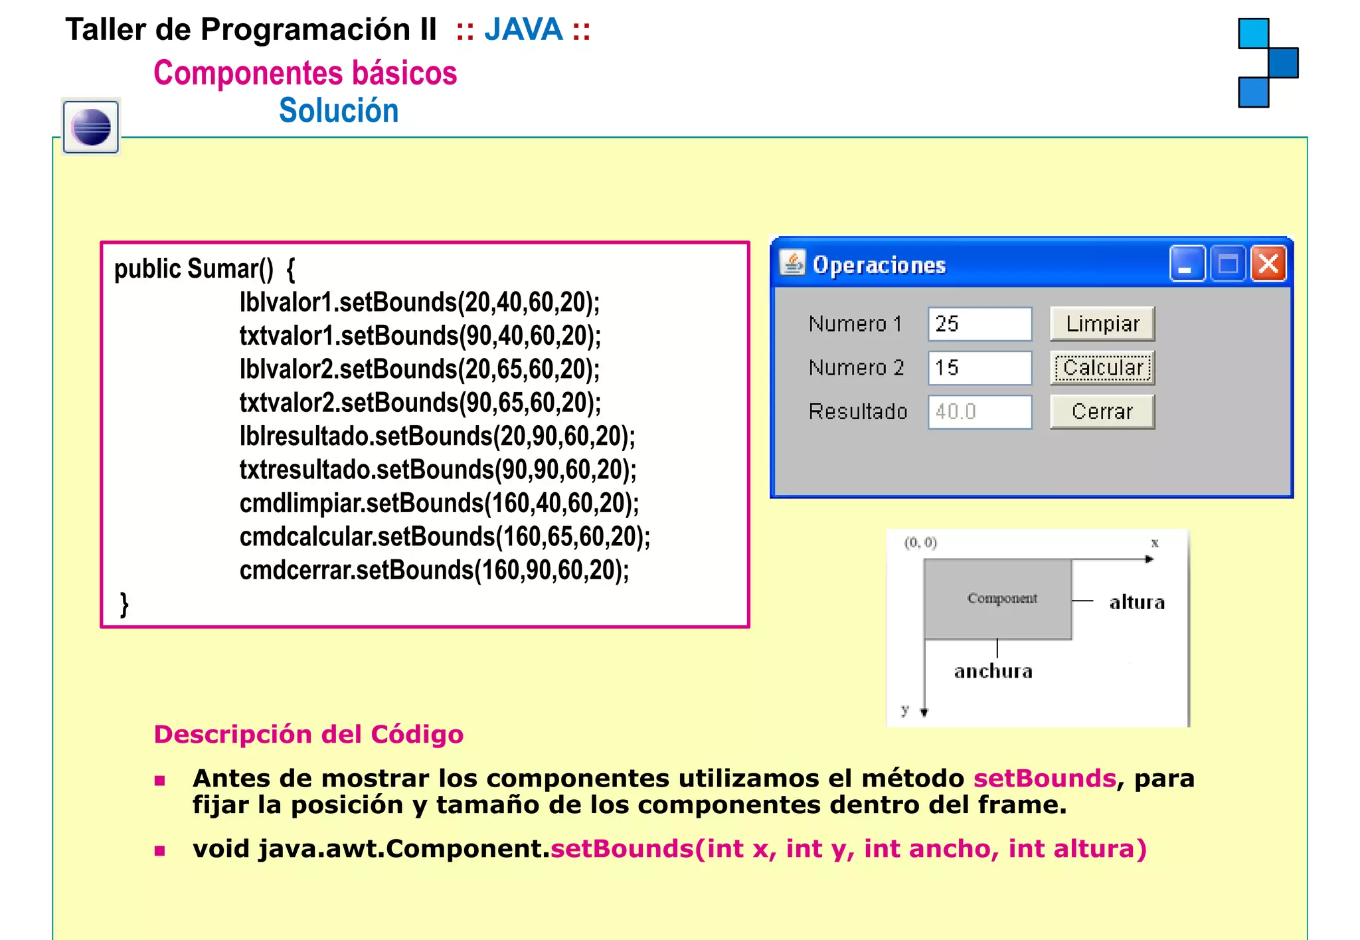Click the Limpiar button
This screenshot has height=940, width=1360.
(x=1102, y=324)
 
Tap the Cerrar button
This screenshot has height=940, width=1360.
(x=1102, y=412)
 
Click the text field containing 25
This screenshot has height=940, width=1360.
(x=979, y=324)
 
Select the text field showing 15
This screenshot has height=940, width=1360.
(x=979, y=368)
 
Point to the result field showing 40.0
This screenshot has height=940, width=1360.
(x=979, y=412)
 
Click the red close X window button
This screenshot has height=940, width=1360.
(x=1268, y=264)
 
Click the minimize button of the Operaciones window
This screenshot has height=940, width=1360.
(x=1187, y=264)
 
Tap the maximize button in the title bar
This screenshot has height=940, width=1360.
(x=1228, y=264)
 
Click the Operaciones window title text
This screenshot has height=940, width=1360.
(x=879, y=266)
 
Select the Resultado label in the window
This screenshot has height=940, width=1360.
(x=857, y=412)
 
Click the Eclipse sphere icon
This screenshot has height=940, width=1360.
(x=92, y=127)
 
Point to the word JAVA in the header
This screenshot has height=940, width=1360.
(x=523, y=31)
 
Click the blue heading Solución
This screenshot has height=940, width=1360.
(x=339, y=111)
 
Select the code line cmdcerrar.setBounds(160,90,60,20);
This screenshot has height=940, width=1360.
(x=434, y=571)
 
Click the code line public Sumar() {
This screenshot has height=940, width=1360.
(x=205, y=269)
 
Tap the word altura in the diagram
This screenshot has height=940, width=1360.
(x=1137, y=603)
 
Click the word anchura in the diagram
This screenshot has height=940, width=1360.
(x=993, y=672)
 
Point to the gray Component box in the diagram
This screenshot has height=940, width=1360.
(x=997, y=599)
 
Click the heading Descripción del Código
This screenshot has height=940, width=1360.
(x=309, y=735)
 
